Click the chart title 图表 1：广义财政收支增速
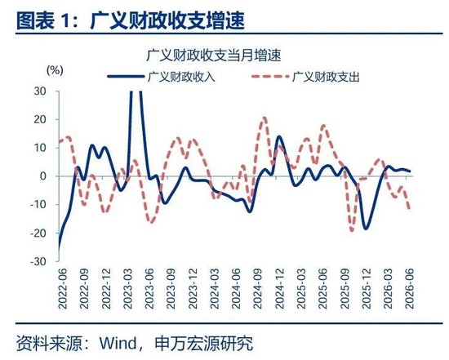coord(131,20)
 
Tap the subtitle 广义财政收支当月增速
coord(214,55)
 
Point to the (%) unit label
coord(55,70)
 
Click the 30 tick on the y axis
coord(40,91)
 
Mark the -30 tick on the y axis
coord(38,261)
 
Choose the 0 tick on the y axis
coord(43,176)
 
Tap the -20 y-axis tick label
coord(38,233)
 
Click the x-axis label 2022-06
coord(62,289)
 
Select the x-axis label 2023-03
coord(127,289)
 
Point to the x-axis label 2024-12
coord(279,289)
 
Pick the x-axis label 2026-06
coord(410,289)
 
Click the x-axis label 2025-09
coord(345,289)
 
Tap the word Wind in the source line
coord(118,343)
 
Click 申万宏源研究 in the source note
coord(204,343)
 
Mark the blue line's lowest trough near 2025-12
coord(366,229)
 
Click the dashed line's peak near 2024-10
coord(264,118)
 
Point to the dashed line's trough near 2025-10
coord(352,230)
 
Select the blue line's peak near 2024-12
coord(279,136)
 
